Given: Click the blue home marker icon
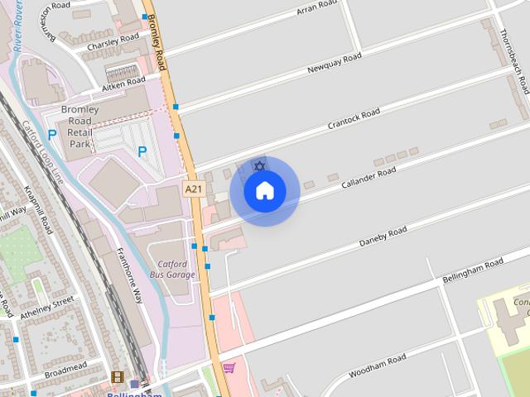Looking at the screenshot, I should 264,191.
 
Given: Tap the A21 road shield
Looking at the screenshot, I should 193,189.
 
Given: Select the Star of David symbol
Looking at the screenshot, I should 259,166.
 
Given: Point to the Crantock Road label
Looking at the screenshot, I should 354,119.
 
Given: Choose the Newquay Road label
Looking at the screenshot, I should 334,64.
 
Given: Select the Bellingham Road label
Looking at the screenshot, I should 473,268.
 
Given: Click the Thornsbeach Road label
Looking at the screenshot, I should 513,61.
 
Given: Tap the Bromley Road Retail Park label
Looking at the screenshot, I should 80,127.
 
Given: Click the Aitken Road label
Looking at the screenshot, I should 123,84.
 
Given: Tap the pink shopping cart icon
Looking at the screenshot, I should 229,367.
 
